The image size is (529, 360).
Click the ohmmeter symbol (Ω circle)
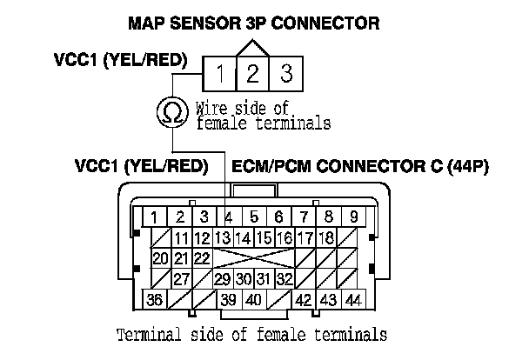pos(171,111)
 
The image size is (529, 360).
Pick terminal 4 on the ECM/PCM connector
pos(229,217)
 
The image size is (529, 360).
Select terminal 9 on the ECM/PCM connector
pos(353,217)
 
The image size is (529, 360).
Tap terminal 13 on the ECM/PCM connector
pos(222,237)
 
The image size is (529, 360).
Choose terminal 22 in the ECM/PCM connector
pos(202,258)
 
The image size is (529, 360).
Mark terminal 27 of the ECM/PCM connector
pos(181,279)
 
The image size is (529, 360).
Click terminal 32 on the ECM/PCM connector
pos(285,279)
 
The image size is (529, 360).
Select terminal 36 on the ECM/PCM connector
pos(155,300)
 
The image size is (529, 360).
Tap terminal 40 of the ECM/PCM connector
pos(252,300)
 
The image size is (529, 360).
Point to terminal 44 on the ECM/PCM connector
pos(353,300)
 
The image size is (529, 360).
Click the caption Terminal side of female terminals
pos(252,335)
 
